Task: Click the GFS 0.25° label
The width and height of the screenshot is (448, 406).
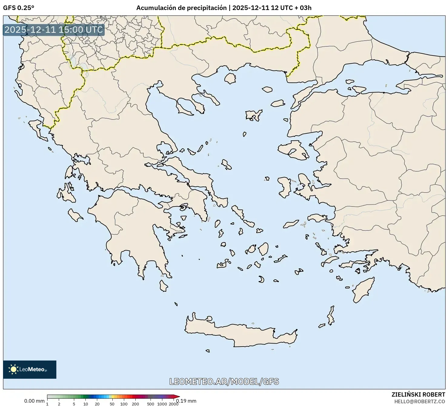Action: click(18, 8)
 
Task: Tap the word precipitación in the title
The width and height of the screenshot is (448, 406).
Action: click(206, 8)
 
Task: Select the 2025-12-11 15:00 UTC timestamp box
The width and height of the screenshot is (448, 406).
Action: click(54, 30)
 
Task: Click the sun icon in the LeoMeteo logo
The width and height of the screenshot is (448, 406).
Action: click(13, 369)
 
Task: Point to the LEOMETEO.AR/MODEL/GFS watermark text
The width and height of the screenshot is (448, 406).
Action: click(224, 381)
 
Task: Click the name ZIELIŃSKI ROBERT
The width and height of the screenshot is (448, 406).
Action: click(418, 394)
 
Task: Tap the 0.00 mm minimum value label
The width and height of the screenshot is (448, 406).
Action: click(34, 401)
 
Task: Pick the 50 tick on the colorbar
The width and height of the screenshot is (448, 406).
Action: click(112, 404)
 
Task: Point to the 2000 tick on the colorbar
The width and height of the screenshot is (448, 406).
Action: click(173, 404)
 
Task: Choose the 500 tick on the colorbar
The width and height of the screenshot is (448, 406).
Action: click(150, 404)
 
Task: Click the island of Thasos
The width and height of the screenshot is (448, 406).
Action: click(230, 78)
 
